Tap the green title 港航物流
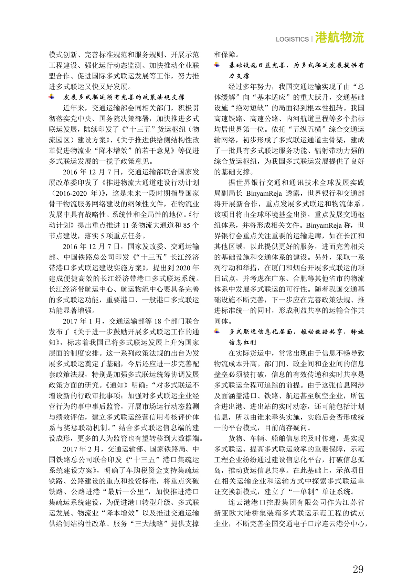click(339, 37)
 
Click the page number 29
click(358, 569)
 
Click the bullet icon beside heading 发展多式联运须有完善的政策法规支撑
click(52, 97)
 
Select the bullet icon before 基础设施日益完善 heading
click(217, 65)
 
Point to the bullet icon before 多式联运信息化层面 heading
click(217, 331)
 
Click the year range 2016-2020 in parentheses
click(71, 193)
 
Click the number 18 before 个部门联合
click(157, 321)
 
